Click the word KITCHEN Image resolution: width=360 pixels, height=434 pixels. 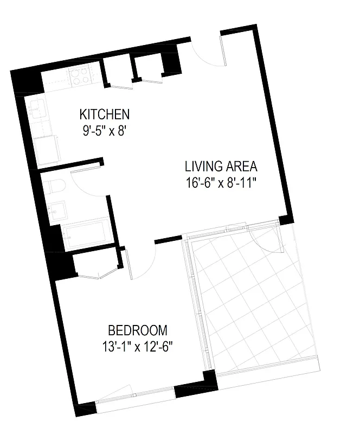pos(104,114)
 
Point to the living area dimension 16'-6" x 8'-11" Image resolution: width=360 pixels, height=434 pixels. pos(220,182)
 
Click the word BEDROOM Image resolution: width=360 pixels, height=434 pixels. pos(137,330)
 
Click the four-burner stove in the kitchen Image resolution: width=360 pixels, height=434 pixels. pos(82,78)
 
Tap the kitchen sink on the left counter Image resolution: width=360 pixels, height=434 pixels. pos(36,110)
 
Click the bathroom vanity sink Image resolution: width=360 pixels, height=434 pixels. pos(56,210)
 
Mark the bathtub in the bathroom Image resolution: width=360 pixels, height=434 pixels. pos(85,234)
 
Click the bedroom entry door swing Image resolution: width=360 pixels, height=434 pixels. pos(142,260)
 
